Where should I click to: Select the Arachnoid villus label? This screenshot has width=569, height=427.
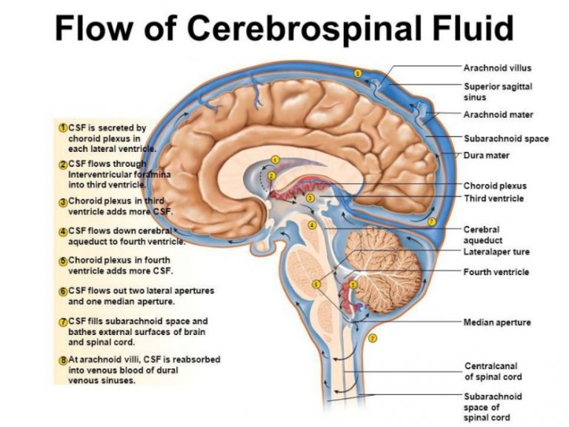(497, 68)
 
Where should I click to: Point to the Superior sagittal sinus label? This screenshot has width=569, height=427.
(497, 91)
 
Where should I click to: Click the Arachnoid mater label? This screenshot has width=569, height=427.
(498, 115)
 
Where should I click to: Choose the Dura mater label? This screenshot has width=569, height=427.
(486, 155)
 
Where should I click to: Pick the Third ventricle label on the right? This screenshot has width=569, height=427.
(493, 199)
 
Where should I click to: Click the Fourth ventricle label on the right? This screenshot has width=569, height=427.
(496, 272)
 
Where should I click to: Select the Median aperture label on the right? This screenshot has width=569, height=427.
(496, 322)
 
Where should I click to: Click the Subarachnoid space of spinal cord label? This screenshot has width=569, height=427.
(493, 407)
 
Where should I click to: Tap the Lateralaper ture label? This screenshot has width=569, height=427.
(496, 252)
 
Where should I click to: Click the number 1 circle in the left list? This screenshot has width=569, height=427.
(63, 128)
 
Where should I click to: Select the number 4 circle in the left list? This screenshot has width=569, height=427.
(63, 231)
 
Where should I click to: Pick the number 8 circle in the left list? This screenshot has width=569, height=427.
(63, 360)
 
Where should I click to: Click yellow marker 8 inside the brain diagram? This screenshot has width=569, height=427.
(358, 73)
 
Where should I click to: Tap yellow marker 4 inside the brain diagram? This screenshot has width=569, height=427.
(312, 225)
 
